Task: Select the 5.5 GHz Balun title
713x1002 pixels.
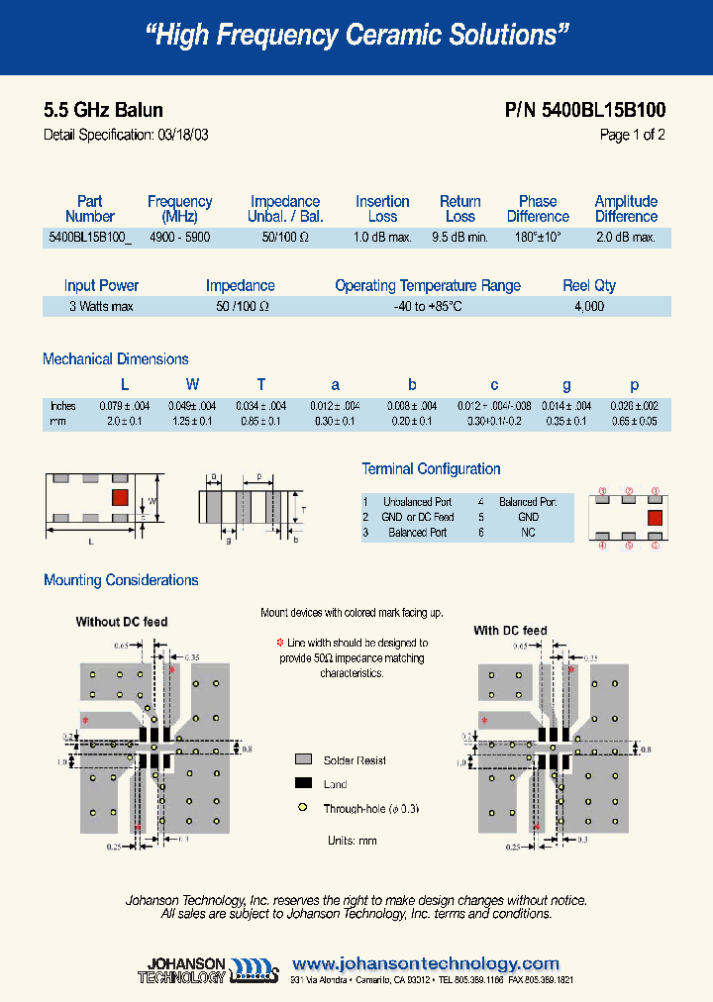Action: (103, 110)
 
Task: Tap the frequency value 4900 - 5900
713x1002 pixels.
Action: (179, 238)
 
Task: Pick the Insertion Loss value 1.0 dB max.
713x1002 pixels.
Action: (382, 238)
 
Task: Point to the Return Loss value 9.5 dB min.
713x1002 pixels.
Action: (459, 238)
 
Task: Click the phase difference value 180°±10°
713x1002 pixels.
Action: (538, 238)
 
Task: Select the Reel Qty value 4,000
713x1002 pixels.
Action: (588, 307)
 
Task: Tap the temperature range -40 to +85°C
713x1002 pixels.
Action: (427, 307)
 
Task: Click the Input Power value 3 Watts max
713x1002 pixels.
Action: (101, 307)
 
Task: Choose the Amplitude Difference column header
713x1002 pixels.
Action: (626, 209)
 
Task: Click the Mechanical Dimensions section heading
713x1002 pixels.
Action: (115, 359)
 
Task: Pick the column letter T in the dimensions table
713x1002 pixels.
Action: (261, 385)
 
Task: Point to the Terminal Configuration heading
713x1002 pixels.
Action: (431, 469)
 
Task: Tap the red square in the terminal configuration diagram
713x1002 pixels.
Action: (655, 517)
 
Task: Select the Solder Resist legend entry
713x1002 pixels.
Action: (355, 760)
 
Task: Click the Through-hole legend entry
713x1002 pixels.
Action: (370, 809)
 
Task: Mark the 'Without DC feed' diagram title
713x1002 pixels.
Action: (122, 622)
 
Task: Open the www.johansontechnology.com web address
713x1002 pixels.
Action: (426, 963)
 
